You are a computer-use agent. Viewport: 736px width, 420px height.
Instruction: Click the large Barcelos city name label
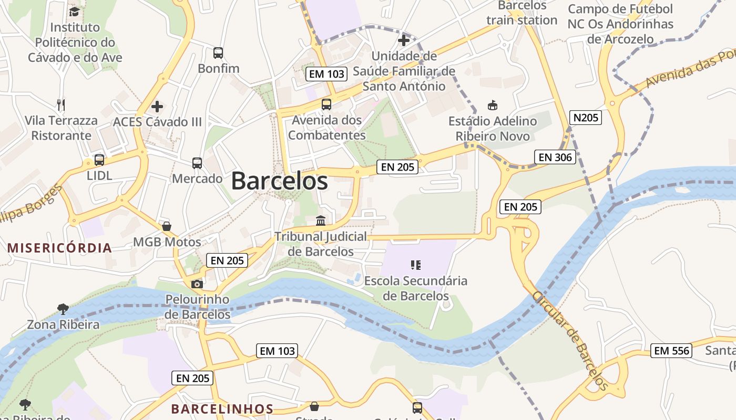[279, 181]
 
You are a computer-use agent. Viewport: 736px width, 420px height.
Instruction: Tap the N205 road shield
[586, 117]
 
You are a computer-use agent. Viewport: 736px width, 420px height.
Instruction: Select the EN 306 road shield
[555, 157]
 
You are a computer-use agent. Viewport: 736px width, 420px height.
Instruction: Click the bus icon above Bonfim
[218, 53]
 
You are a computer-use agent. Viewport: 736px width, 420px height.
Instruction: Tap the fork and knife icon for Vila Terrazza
[61, 104]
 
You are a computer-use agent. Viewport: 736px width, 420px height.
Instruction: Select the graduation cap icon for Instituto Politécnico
[74, 12]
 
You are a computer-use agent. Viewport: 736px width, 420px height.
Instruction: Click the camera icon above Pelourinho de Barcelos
[197, 284]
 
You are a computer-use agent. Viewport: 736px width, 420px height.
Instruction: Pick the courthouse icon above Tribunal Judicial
[321, 220]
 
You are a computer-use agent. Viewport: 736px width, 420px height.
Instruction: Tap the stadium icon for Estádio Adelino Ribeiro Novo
[493, 105]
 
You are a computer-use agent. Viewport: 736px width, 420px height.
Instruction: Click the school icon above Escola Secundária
[416, 265]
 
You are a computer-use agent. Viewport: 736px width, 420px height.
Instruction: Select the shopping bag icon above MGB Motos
[167, 226]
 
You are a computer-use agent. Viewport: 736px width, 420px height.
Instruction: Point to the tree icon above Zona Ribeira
[63, 309]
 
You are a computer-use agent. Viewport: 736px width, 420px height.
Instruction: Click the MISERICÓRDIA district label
[59, 248]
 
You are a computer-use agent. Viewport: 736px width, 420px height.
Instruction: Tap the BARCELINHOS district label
[222, 409]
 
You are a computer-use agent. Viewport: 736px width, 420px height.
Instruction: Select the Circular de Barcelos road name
[570, 341]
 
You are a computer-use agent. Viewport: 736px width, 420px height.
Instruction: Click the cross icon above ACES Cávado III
[157, 107]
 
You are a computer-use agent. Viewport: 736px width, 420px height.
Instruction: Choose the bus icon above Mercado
[197, 163]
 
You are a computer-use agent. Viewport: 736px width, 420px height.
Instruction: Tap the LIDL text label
[99, 175]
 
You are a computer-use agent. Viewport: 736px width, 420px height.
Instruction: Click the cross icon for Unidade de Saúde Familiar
[404, 40]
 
